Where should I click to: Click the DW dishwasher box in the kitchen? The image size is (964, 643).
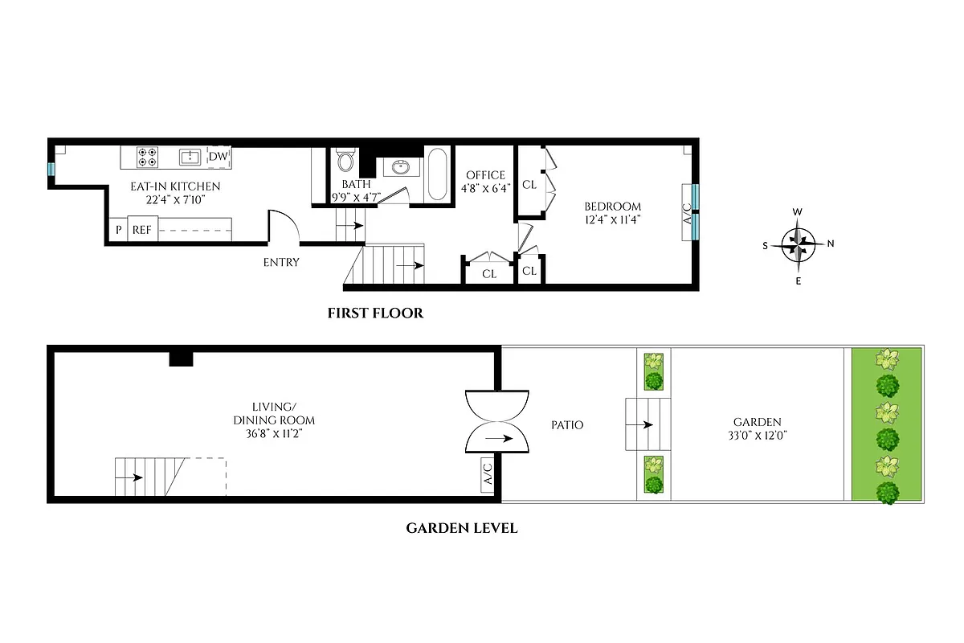coord(219,157)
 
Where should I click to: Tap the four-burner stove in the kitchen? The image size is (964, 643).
coord(147,157)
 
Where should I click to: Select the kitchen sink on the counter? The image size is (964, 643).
coord(190,157)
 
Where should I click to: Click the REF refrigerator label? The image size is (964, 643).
coord(142,230)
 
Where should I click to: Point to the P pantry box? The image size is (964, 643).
coord(118,230)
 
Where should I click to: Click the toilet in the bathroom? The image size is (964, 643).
coord(345,161)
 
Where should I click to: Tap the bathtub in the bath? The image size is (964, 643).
coord(439,174)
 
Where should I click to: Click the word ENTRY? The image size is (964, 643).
coord(281,262)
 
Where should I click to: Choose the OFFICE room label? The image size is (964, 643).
coord(485,175)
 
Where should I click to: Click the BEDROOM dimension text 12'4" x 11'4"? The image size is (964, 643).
coord(612,219)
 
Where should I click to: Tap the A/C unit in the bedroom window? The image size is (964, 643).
coord(687,212)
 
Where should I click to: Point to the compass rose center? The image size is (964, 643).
coord(798,244)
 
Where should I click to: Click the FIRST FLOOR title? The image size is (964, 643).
coord(374,313)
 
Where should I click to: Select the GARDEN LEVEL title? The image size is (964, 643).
coord(461,528)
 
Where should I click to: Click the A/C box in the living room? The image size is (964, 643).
coord(488,474)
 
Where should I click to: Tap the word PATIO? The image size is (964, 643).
coord(567,424)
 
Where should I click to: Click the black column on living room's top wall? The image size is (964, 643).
coord(181,358)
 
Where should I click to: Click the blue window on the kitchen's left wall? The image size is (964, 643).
coord(51,170)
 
